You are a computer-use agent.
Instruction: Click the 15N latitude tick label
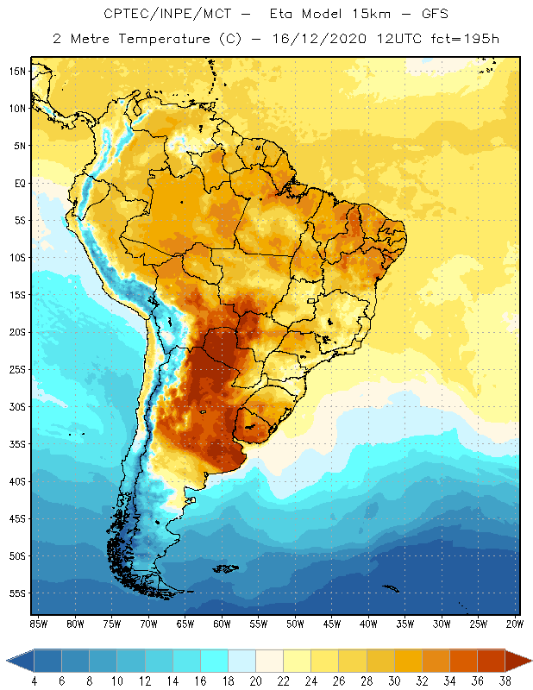point(17,71)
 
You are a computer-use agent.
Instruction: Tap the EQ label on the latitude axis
point(18,183)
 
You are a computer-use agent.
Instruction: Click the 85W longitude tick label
point(38,624)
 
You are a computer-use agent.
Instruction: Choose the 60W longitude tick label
point(222,624)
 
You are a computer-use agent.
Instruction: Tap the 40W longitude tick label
point(368,624)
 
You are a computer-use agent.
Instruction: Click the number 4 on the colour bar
point(34,681)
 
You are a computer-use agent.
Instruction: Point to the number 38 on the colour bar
point(503,681)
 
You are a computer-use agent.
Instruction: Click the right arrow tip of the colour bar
point(530,660)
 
